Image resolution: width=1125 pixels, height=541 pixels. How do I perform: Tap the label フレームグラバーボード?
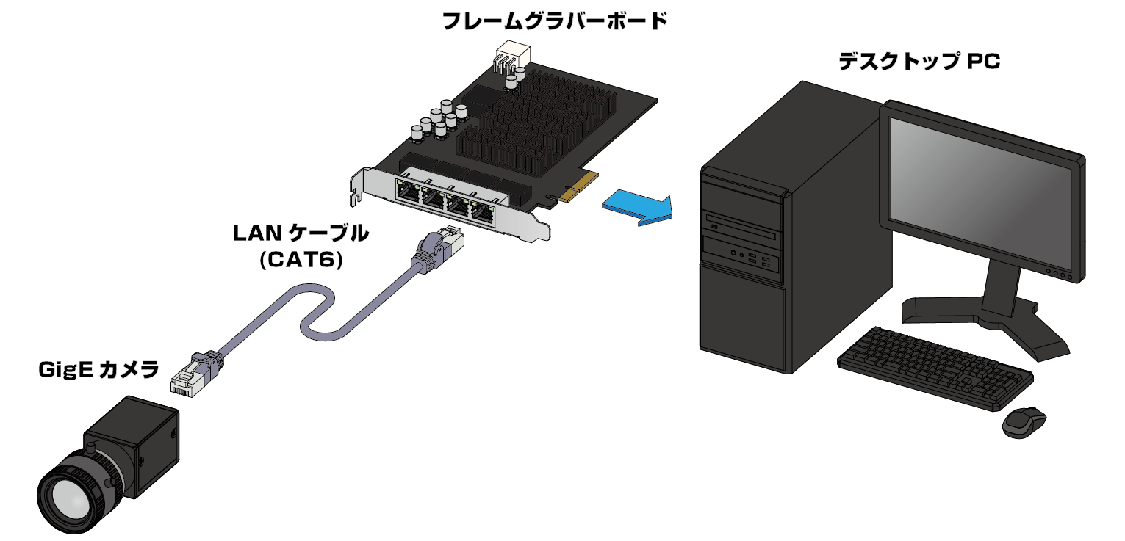coord(554,21)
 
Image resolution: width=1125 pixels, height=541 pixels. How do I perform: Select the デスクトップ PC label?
coord(919,62)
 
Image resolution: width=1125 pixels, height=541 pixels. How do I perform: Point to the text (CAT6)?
coord(301,260)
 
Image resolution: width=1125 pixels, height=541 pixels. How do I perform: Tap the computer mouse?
coord(1024,421)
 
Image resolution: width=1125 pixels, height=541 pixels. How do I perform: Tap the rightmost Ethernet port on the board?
coord(484,213)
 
